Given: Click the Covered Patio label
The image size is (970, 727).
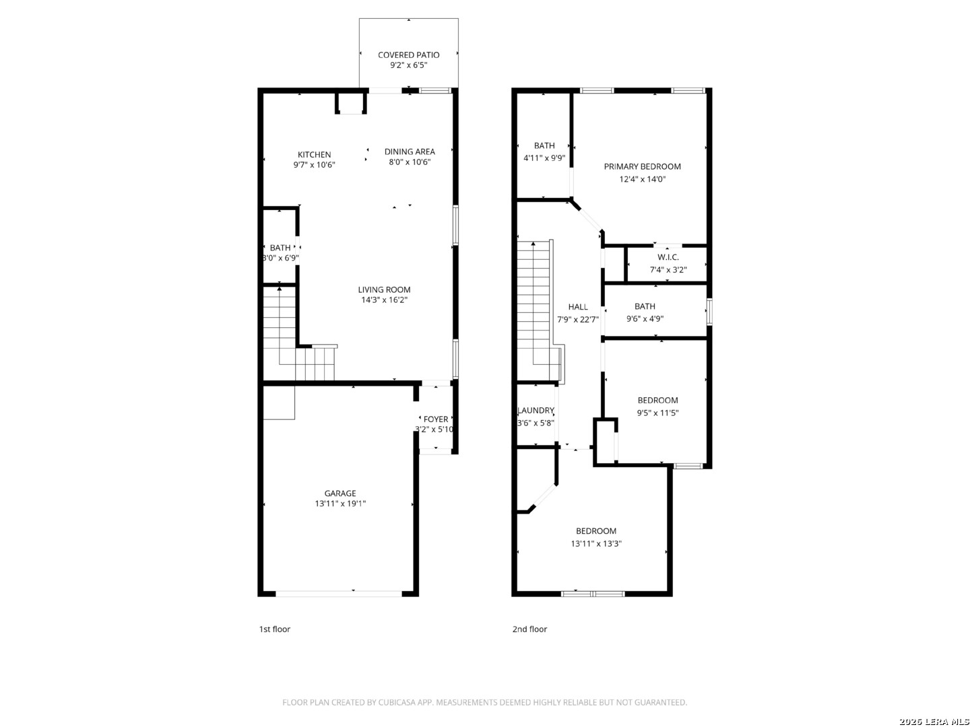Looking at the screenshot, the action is pos(408,55).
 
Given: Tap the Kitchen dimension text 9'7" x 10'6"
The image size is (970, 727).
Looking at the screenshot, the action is pos(314,165).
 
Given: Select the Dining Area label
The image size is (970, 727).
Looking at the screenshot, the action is pos(410,151).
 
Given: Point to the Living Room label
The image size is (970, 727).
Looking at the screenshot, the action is pos(384,289).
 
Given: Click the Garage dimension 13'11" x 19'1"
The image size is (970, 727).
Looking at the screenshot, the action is pos(340,504).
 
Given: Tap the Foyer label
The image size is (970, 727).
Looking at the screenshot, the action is pos(436,419).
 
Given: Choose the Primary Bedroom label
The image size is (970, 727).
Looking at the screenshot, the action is pos(642,166).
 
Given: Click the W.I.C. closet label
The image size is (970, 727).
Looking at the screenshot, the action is pos(668,257).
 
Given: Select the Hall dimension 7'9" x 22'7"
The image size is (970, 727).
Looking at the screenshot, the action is pos(578,319).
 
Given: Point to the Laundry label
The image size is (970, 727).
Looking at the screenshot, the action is pos(536,410).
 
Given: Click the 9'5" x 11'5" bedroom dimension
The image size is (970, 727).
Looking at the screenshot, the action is pos(657,413).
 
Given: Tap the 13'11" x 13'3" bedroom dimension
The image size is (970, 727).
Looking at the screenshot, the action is pos(596,543).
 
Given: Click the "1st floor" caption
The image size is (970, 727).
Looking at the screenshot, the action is pos(274,629).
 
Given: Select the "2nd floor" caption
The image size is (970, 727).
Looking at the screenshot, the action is pos(529,629).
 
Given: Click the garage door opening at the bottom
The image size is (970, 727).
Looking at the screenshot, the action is pos(339,594).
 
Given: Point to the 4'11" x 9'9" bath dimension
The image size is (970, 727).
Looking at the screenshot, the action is pos(544,158).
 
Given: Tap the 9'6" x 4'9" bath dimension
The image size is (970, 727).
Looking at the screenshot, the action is pos(645,318).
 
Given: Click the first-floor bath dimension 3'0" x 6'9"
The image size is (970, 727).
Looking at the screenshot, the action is pos(280,258).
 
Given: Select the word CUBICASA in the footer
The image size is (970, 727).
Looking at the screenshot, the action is pos(397,702).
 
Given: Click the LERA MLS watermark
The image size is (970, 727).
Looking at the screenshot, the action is pos(934,721).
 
